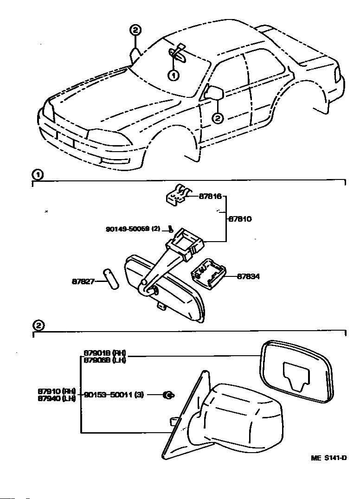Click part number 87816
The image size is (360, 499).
[x=210, y=197]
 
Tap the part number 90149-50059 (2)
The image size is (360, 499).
[x=133, y=229]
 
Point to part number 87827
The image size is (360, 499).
[x=83, y=281]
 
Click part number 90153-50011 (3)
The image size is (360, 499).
[x=114, y=395]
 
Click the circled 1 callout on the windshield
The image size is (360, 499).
[x=172, y=74]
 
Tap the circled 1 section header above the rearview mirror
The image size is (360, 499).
[x=38, y=175]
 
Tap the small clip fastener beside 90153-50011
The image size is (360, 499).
[x=168, y=395]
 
